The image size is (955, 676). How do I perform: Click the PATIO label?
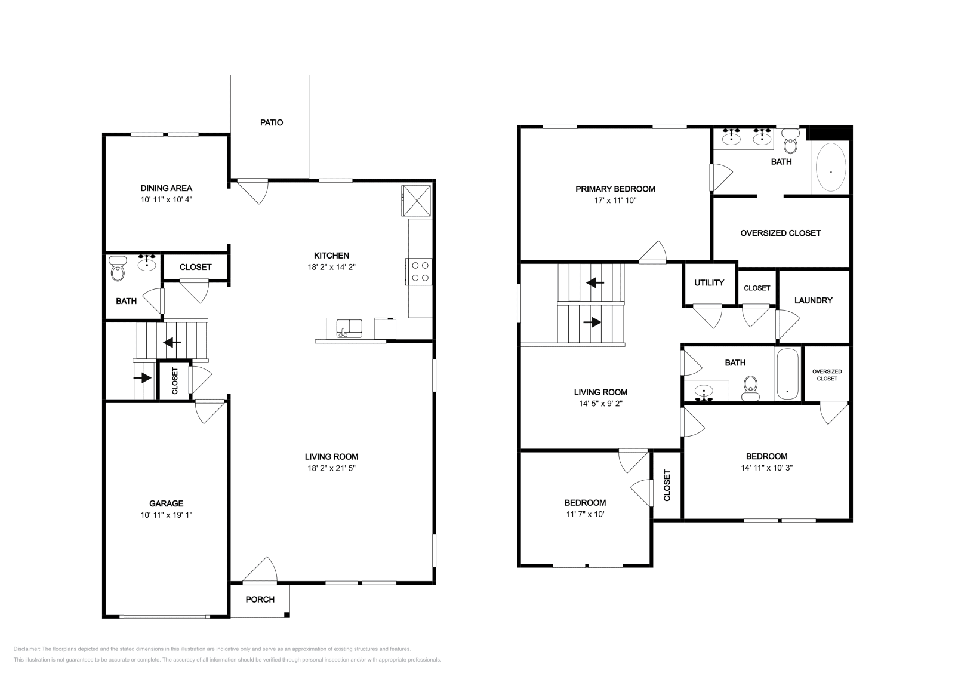coord(272,122)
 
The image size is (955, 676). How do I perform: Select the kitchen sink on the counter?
coord(349,328)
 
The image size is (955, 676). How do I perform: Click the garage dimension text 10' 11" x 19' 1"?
coord(167,515)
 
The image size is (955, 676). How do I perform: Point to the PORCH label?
coord(260,600)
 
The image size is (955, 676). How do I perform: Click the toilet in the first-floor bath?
coord(118,271)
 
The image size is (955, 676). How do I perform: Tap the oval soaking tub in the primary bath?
coord(830,168)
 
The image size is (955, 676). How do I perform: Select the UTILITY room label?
coord(709,282)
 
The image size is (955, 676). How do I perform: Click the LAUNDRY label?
coord(813,300)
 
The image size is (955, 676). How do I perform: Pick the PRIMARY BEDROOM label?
coord(615,189)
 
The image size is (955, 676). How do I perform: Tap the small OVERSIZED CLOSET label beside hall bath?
coord(827,375)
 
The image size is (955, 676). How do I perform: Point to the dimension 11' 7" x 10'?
coord(585,514)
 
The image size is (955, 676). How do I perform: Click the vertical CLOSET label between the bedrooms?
coord(667,485)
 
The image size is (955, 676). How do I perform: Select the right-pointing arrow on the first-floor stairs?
coord(143,378)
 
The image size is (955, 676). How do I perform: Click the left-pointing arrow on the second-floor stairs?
coord(595,282)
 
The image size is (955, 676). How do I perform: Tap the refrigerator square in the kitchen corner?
coord(417,199)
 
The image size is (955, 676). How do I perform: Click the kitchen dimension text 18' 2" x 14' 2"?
coord(332,268)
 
